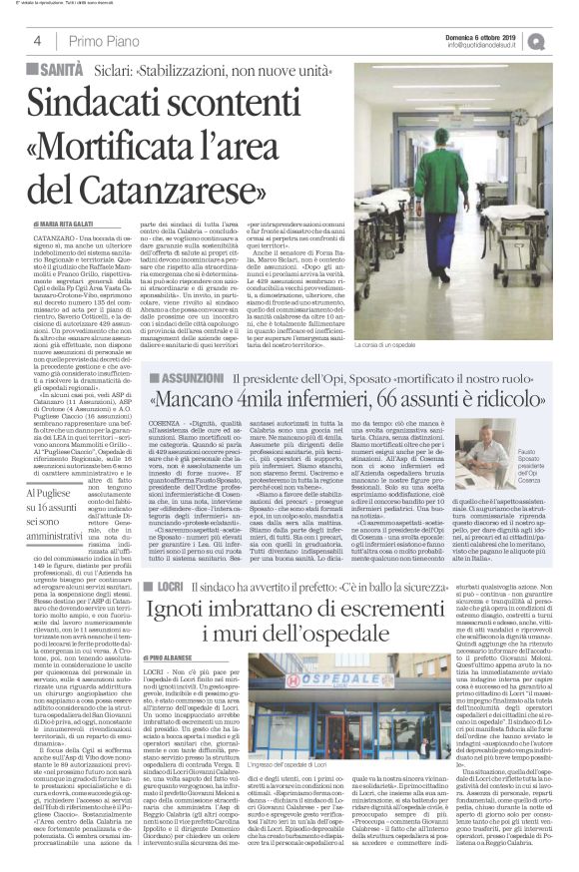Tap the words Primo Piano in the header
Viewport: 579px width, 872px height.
[105, 41]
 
